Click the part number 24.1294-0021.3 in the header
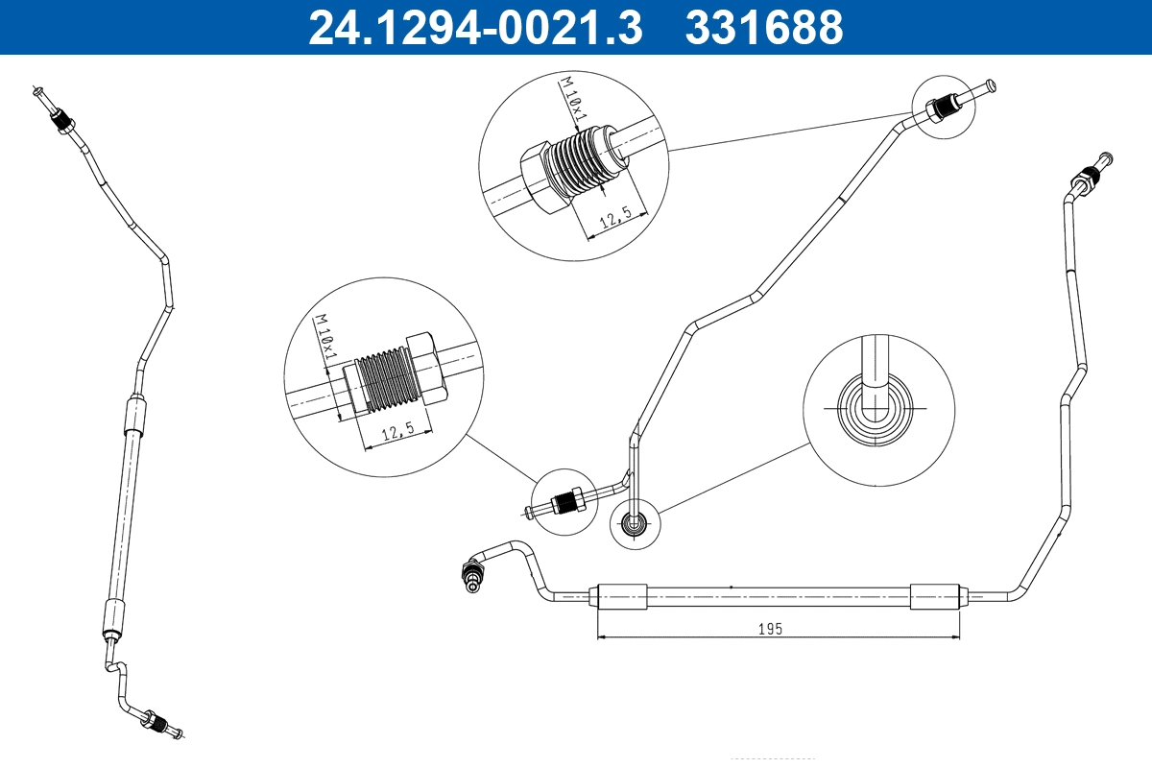pos(474,27)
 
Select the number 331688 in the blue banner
pos(763,27)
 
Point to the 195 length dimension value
pos(771,629)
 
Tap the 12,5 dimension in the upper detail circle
pos(614,221)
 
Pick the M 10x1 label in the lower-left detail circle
pos(326,338)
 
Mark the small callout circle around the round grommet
pos(636,523)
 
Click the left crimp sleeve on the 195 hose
pos(621,596)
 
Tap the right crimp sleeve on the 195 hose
pos(934,596)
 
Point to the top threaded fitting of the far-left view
pos(62,120)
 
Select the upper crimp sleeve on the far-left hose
pos(133,417)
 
